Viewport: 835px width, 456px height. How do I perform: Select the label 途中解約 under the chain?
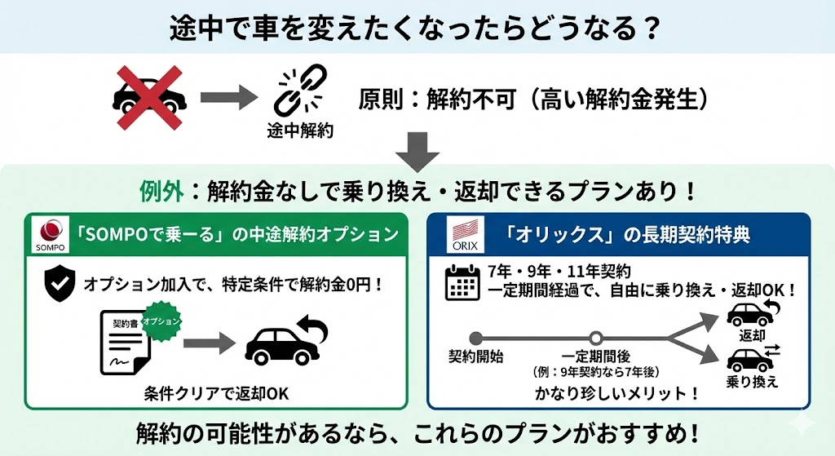[x=299, y=131]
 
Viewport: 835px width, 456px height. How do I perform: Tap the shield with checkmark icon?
[x=59, y=282]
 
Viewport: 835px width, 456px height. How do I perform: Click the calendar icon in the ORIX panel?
[x=462, y=281]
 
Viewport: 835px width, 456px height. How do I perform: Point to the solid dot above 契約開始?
[x=475, y=338]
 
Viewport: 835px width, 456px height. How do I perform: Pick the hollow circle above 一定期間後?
[x=596, y=338]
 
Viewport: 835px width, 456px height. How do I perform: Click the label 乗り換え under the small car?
[x=752, y=382]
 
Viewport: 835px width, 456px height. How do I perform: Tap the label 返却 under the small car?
[x=752, y=335]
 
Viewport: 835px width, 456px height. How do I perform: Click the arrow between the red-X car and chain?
[x=224, y=98]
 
